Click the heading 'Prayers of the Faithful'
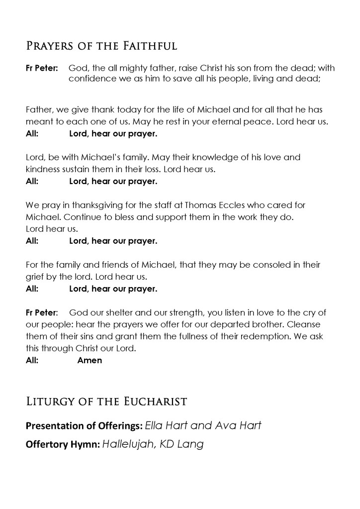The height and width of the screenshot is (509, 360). coord(101,47)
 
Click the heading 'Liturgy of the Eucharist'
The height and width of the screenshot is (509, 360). coord(106,401)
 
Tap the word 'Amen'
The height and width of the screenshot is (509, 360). coord(90,360)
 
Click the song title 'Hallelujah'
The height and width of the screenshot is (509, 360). coord(127,444)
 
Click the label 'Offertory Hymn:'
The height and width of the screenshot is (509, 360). coord(63,445)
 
